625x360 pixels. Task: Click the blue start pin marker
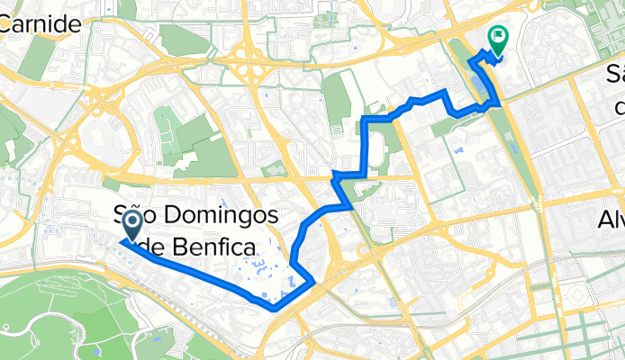click(131, 226)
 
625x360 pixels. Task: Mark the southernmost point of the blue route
click(272, 309)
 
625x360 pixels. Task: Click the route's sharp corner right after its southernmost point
click(312, 283)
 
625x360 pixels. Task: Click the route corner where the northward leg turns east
click(366, 117)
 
